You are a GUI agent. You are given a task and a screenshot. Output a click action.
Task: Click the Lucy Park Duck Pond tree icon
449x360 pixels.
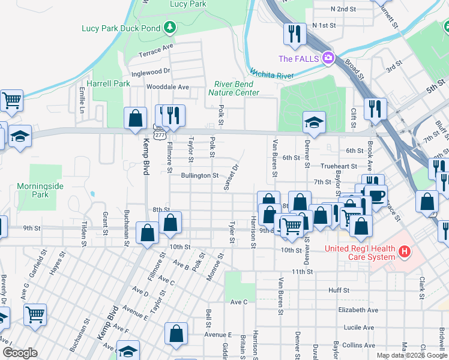tap(170, 28)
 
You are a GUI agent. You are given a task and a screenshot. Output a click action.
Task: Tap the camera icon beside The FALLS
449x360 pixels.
tap(328, 58)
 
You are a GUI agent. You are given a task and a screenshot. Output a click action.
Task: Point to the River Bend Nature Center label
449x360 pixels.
tap(234, 88)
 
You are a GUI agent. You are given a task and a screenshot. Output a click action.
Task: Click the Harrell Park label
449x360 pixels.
tap(108, 84)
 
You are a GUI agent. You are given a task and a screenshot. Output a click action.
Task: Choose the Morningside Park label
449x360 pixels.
tap(40, 190)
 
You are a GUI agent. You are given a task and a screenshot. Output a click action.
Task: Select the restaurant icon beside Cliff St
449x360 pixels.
tap(375, 109)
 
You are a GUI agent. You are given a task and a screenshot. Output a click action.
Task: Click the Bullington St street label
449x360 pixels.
tap(199, 176)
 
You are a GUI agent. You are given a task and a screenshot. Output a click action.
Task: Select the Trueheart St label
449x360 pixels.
tap(339, 166)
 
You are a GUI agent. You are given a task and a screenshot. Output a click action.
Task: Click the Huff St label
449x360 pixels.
tap(339, 290)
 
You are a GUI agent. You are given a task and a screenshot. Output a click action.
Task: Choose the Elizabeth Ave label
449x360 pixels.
tap(358, 310)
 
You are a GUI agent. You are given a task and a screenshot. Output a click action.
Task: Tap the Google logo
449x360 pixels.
tap(20, 353)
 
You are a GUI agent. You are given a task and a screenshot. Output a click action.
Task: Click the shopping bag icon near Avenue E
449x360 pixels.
tap(176, 334)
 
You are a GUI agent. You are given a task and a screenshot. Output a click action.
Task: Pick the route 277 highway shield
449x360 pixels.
tap(158, 136)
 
